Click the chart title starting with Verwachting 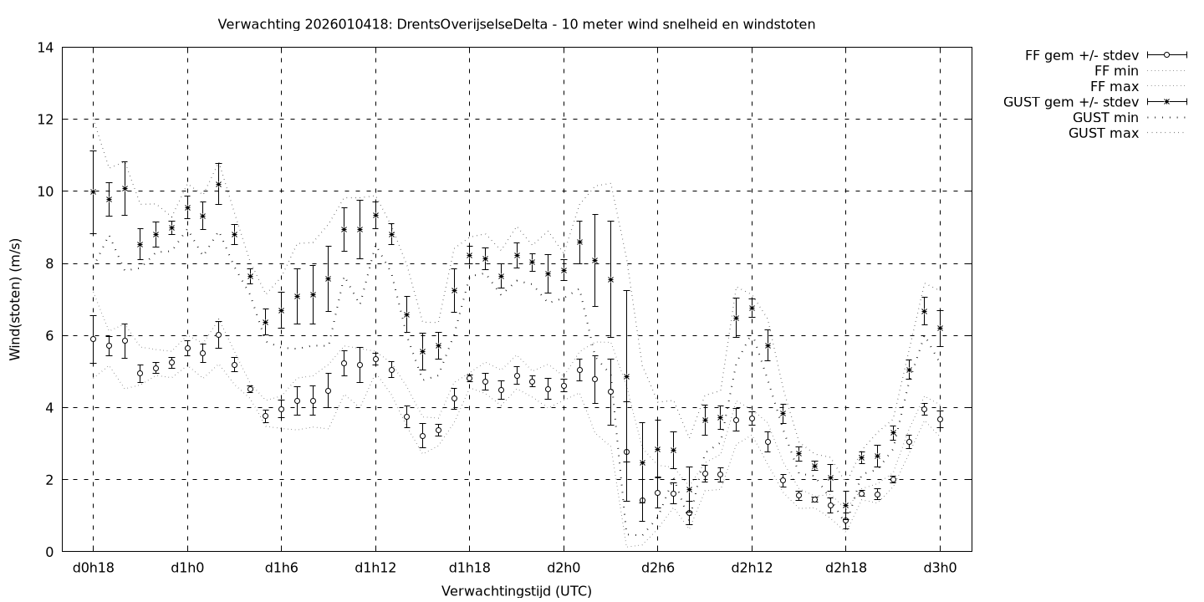coord(516,24)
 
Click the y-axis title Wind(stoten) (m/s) coord(15,299)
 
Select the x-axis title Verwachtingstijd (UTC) coord(516,590)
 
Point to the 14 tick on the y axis coord(46,48)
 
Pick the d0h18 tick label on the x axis coord(93,569)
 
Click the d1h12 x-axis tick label coord(375,569)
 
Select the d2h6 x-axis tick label coord(657,569)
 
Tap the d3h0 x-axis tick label coord(940,569)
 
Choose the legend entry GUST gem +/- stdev coord(1071,102)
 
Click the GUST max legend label coord(1104,133)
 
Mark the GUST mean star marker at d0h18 coord(93,191)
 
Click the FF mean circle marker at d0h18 coord(93,339)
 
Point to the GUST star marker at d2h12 coord(752,308)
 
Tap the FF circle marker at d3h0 coord(940,419)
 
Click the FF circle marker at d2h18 coord(845,520)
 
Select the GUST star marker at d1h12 coord(375,215)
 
